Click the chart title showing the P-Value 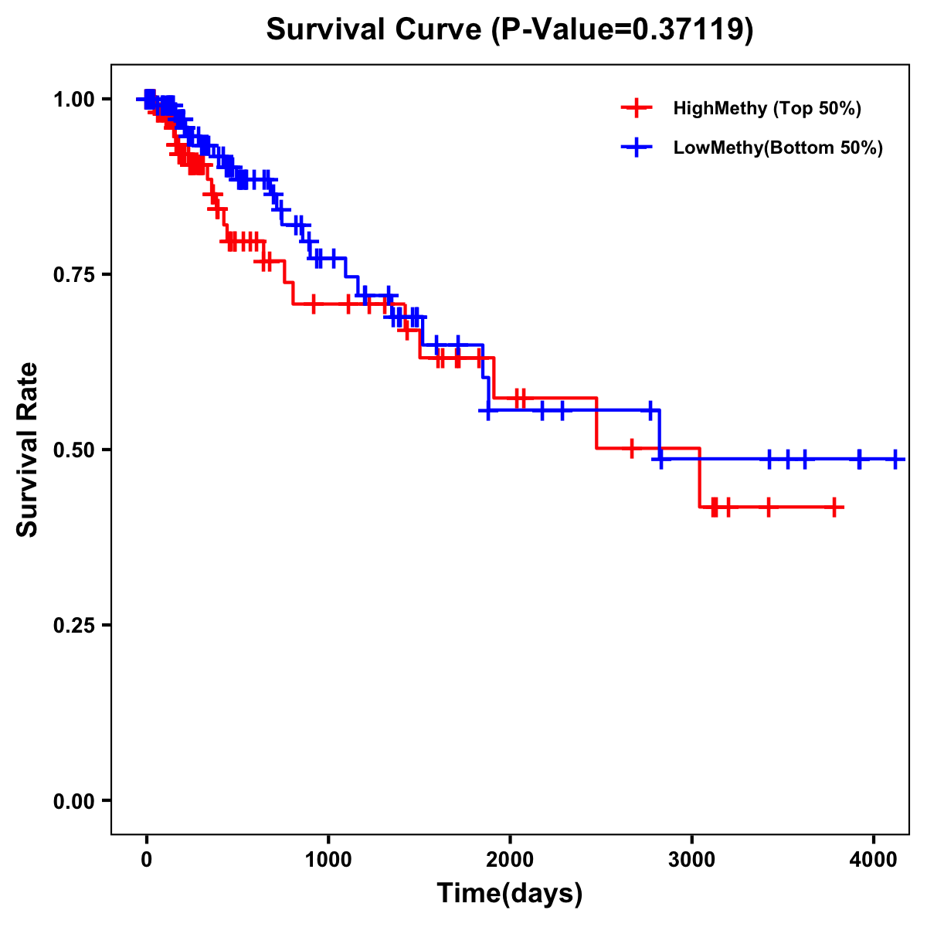[509, 29]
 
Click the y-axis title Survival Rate [28, 450]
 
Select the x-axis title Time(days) [509, 894]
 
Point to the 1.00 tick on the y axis [73, 99]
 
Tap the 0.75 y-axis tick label [73, 274]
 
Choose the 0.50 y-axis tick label [73, 450]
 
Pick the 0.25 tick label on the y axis [73, 625]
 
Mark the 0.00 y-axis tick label [73, 800]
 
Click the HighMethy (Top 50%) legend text [767, 108]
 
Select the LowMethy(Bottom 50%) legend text [778, 148]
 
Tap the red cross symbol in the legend [636, 108]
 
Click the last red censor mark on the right [834, 507]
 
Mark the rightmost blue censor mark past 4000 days [895, 459]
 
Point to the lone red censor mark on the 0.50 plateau [632, 448]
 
